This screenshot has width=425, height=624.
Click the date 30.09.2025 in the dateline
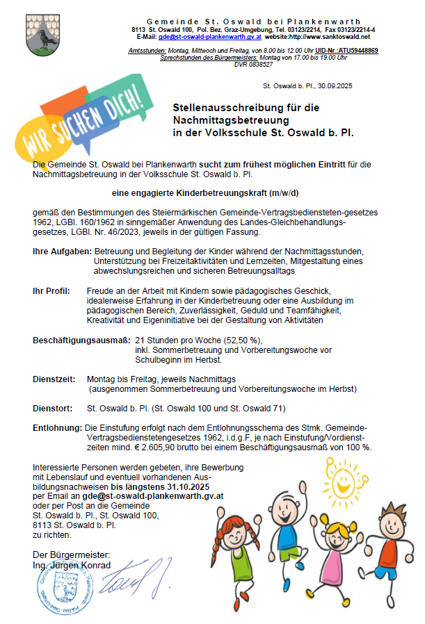click(x=336, y=86)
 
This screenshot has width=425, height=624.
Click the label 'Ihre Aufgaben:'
click(x=62, y=249)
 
